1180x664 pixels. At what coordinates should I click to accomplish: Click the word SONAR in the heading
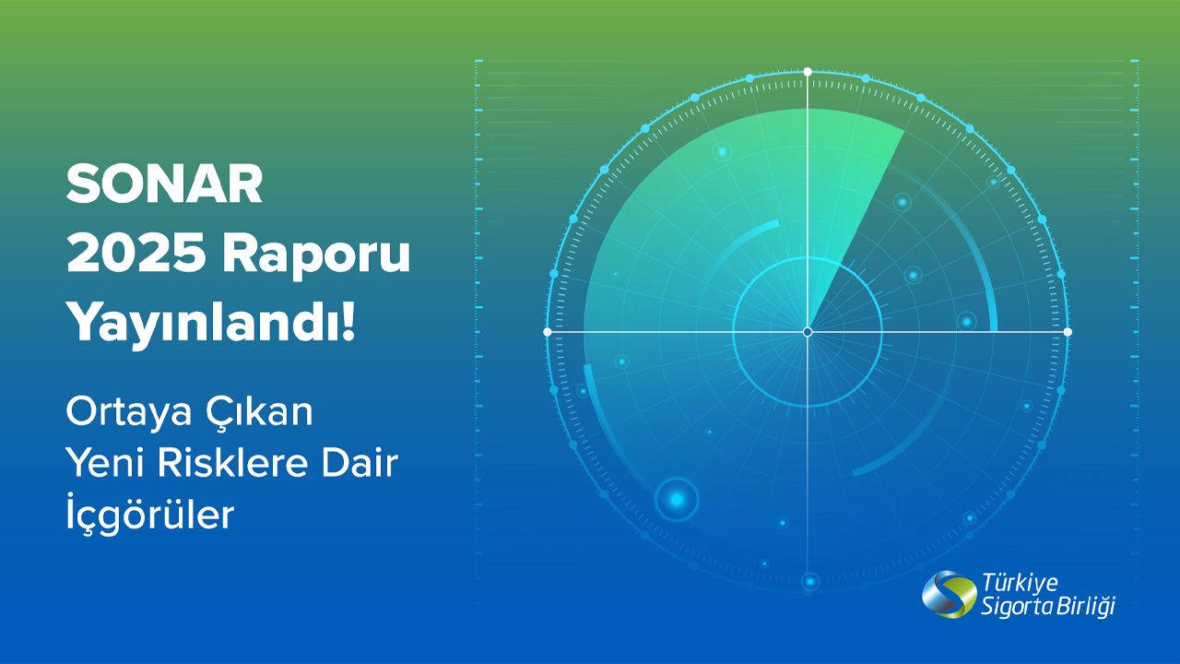164,184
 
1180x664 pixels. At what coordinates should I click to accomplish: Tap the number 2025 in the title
136,255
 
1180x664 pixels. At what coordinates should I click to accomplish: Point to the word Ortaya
128,414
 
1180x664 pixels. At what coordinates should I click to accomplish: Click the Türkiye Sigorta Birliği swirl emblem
950,595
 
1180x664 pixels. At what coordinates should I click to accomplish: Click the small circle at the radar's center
808,332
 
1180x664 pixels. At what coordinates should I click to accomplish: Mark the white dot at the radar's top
808,72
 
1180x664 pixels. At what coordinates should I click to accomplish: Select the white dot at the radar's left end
548,332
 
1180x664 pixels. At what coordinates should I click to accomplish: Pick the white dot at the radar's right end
1068,332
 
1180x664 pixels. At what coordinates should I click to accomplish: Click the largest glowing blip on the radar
677,499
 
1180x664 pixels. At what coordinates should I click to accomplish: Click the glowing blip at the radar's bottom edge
810,582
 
